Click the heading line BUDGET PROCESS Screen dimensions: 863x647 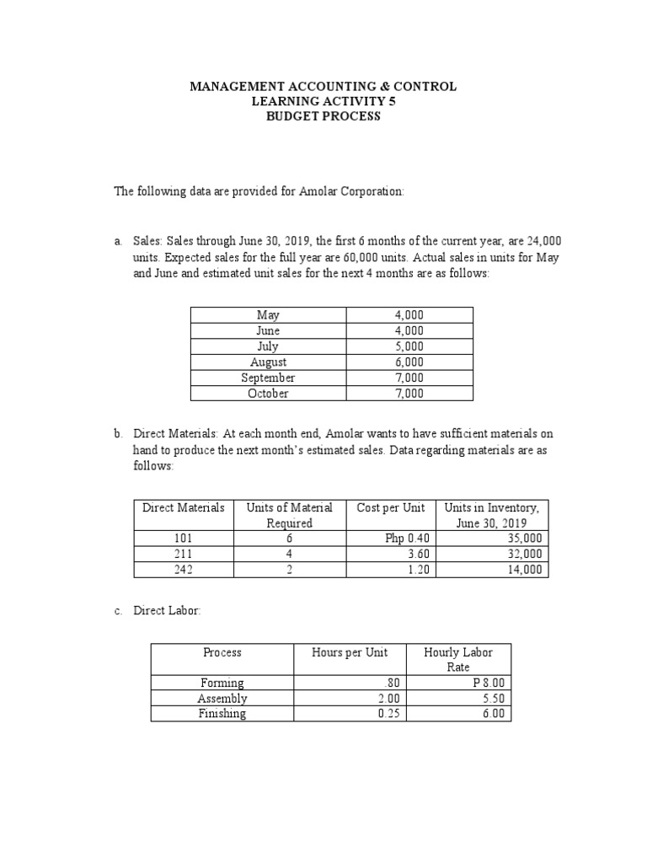pos(323,116)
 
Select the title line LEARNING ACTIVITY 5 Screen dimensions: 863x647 pos(323,101)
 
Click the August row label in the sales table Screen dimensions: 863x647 pos(268,362)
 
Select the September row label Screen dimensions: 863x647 pos(268,378)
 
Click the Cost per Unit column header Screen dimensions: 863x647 pos(390,507)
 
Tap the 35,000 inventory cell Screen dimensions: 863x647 pos(525,539)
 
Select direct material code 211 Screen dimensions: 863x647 pos(183,554)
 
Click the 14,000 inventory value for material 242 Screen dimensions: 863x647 pos(525,569)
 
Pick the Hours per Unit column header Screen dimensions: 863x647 pos(349,652)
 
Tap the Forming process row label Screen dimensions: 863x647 pos(222,683)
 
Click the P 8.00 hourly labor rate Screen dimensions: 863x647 pos(489,683)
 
